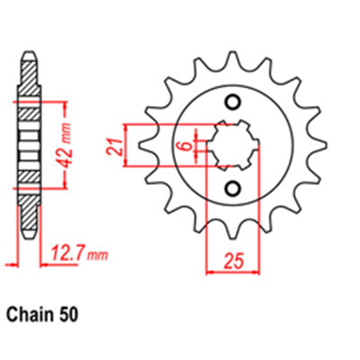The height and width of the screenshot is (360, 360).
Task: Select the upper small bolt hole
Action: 233,102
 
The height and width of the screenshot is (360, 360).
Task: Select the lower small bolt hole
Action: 233,188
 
